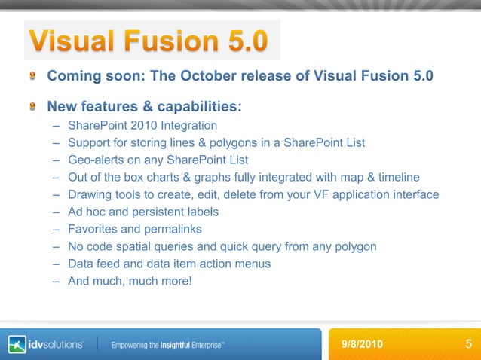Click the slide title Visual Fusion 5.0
tap(148, 41)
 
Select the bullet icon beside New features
tap(33, 106)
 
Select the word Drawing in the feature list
tap(89, 194)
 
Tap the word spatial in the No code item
tap(153, 246)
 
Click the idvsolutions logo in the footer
tap(46, 344)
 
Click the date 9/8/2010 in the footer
tap(362, 344)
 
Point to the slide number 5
tap(469, 344)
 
